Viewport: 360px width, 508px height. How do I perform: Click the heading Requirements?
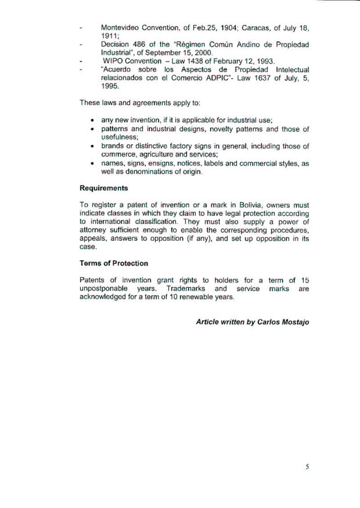(103, 188)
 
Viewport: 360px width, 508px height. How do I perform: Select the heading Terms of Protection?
(113, 263)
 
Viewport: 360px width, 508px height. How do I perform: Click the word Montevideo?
(119, 27)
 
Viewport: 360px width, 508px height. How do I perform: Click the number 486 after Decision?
(135, 45)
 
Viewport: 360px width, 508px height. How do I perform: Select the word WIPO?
(112, 61)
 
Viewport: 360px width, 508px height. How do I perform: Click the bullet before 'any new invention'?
(92, 121)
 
